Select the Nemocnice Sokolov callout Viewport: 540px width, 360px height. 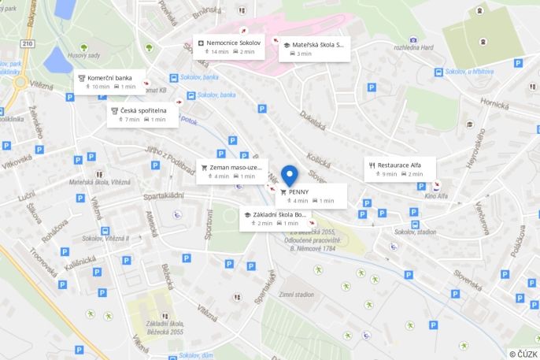(x=229, y=46)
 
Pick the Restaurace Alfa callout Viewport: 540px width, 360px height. (x=398, y=169)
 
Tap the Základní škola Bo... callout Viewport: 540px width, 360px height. (x=276, y=218)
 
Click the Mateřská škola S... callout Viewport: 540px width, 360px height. (x=314, y=49)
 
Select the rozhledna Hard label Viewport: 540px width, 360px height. (x=414, y=46)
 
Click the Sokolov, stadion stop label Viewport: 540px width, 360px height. (x=415, y=232)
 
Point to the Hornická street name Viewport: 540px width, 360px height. (x=495, y=102)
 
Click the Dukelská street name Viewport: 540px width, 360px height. (x=313, y=124)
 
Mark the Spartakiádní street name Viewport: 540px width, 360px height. (x=163, y=196)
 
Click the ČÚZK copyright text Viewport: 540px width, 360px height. (x=523, y=354)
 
